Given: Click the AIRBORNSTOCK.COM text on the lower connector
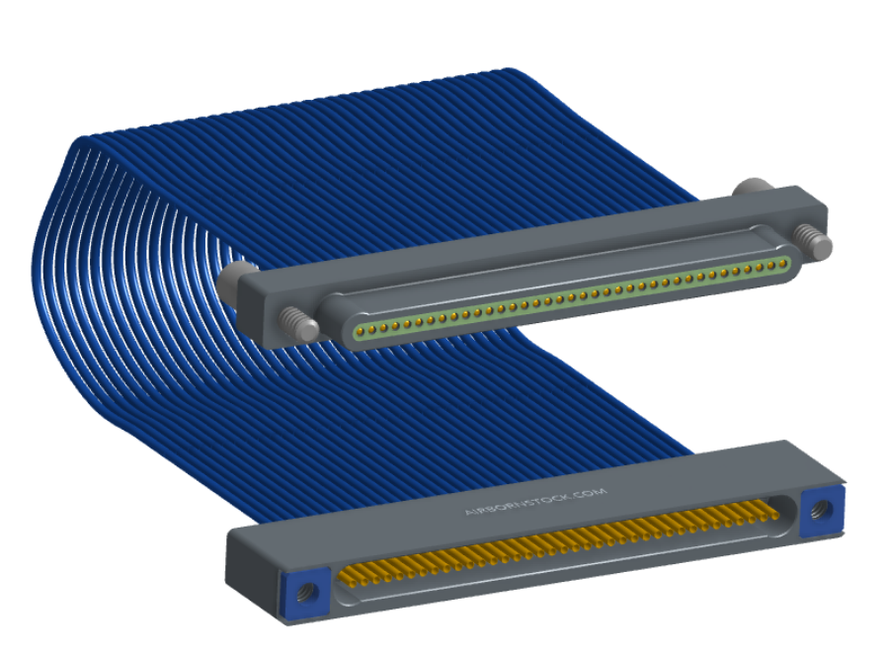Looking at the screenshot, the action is pyautogui.click(x=535, y=501).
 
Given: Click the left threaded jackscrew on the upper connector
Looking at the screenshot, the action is pyautogui.click(x=299, y=324).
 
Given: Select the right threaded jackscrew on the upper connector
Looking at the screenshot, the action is pyautogui.click(x=813, y=242).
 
